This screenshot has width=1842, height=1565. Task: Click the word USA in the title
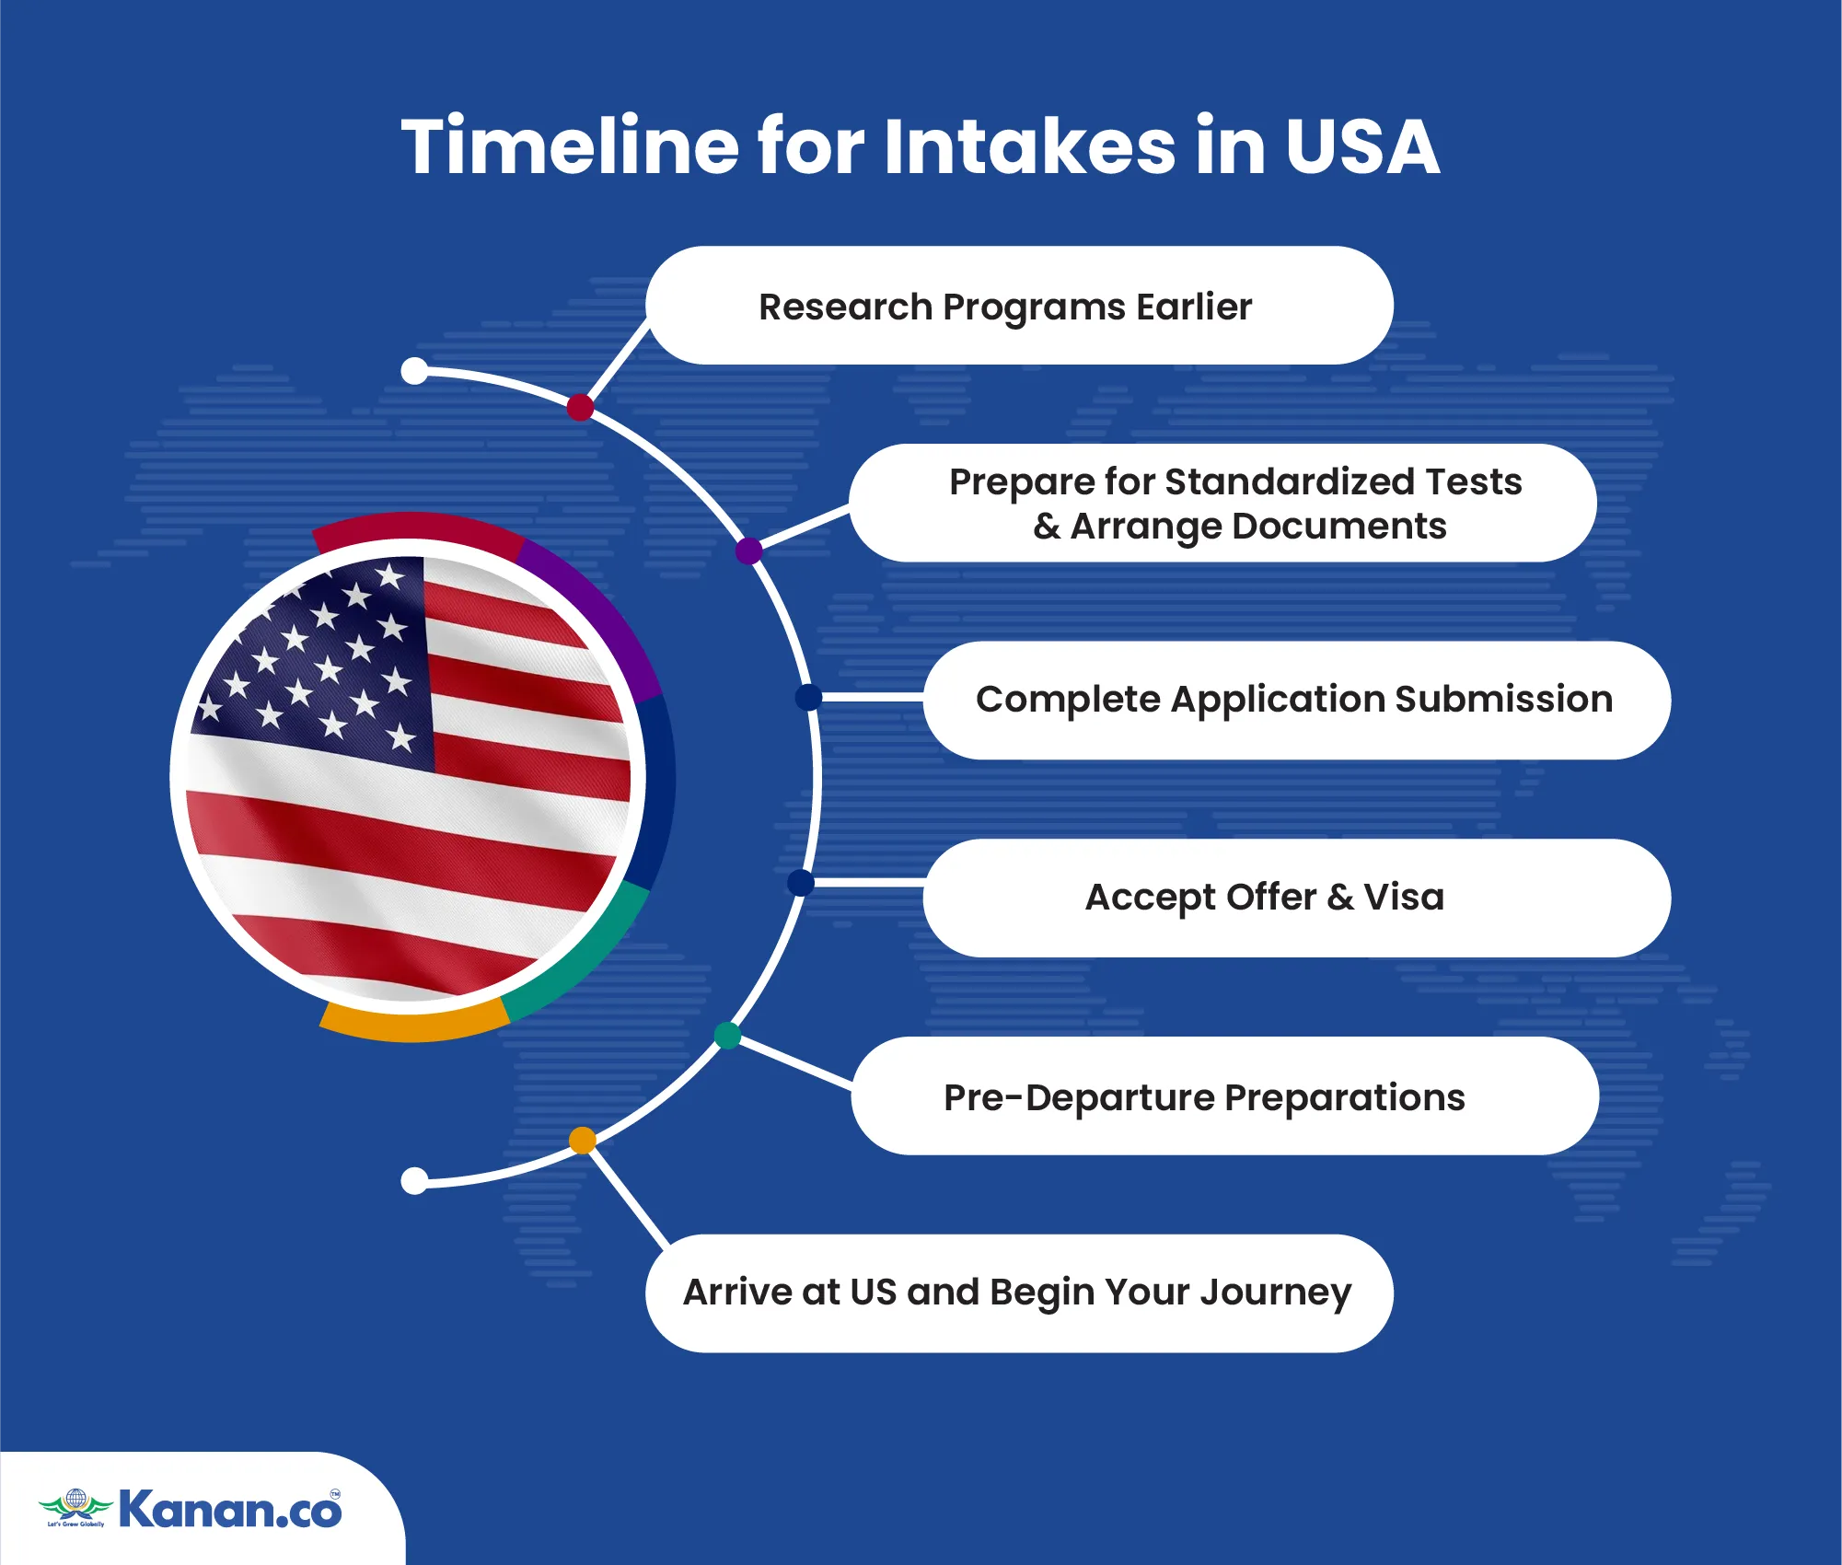tap(1362, 146)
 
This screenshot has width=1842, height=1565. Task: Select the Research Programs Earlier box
tap(1019, 306)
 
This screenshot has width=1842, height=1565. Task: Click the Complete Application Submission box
tap(1296, 701)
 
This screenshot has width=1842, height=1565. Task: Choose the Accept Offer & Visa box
tap(1296, 898)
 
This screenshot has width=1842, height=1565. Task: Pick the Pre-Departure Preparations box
tap(1224, 1095)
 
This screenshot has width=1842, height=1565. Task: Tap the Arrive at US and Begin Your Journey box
tap(1019, 1293)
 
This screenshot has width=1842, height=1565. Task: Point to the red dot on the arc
tap(580, 407)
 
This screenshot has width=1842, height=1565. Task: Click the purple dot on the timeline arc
tap(749, 551)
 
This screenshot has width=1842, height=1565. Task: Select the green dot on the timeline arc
tap(727, 1036)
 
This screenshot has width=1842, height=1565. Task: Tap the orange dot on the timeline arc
tap(582, 1141)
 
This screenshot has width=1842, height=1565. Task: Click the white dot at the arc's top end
tap(415, 371)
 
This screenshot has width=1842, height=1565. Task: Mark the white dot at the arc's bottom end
tap(415, 1180)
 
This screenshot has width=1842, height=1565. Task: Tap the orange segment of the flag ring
tap(414, 1024)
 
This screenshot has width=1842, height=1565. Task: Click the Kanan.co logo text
tap(230, 1511)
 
